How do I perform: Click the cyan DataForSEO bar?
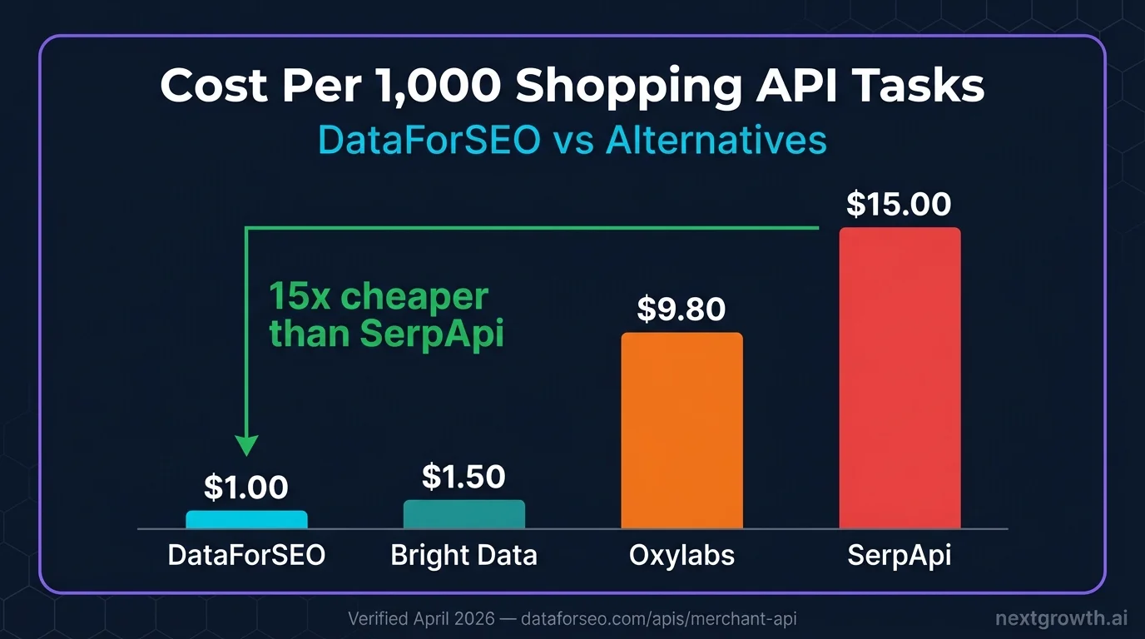[x=246, y=519]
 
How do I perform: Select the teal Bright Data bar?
[x=464, y=514]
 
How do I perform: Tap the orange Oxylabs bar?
[x=682, y=430]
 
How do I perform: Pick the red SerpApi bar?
[x=900, y=378]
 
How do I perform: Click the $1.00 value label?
[x=246, y=488]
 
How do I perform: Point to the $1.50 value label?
[x=463, y=477]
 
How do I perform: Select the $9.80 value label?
[x=682, y=310]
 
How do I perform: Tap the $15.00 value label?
[x=899, y=204]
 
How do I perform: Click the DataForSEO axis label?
[x=246, y=556]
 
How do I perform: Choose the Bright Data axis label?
[x=463, y=556]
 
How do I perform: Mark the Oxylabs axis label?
[x=682, y=556]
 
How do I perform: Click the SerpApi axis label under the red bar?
[x=899, y=556]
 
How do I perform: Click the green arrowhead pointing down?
[x=247, y=445]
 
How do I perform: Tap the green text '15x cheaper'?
[x=379, y=297]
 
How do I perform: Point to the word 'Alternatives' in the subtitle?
[x=716, y=141]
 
